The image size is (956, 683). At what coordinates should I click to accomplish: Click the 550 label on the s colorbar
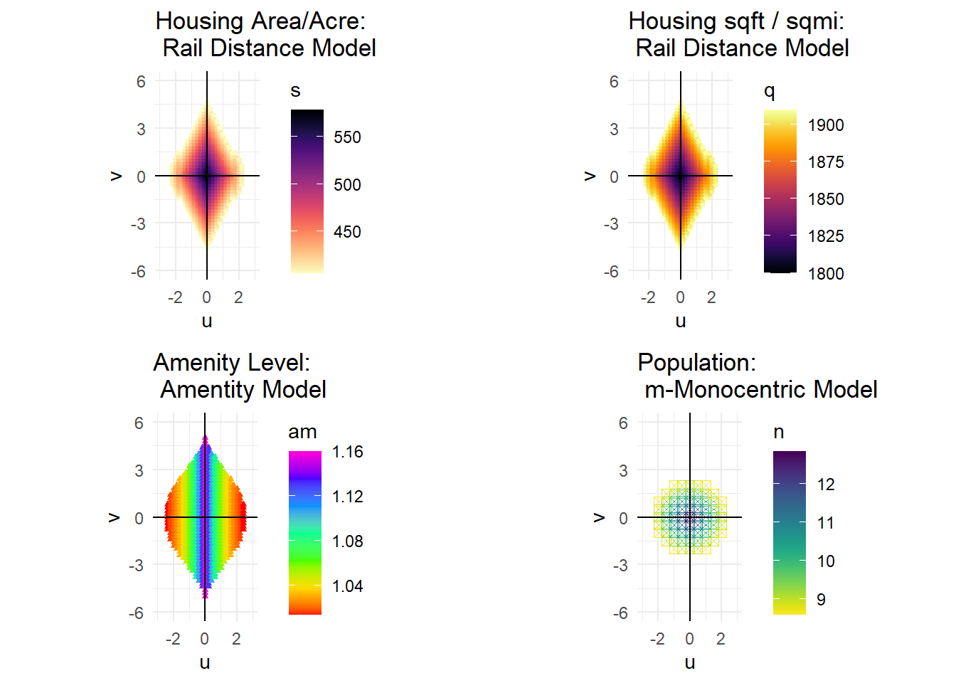pos(347,137)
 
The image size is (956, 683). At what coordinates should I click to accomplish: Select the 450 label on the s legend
pos(347,232)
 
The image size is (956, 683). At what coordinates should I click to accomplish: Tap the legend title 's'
pos(295,91)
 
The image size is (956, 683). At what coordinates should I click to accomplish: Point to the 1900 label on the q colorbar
pos(826,125)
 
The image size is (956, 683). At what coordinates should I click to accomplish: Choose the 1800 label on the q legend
pos(826,274)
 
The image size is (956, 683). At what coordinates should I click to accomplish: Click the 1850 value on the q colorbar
pos(826,199)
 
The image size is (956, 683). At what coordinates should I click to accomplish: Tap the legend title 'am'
pos(302,432)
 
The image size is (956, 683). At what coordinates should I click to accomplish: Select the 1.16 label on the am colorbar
pos(347,452)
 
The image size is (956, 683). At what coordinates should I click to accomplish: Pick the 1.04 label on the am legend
pos(347,586)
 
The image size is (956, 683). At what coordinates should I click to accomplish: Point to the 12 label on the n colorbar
pos(826,485)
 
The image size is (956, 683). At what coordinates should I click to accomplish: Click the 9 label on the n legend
pos(821,600)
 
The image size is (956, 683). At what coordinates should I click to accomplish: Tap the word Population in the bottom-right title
pos(696,363)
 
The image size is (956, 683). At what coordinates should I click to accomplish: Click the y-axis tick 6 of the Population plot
pos(623,423)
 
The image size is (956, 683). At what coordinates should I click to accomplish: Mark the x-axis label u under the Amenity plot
pos(205,663)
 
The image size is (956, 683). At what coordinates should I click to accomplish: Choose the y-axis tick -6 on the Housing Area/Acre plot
pos(138,272)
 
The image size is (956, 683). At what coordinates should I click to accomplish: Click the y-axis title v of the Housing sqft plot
pos(590,176)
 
